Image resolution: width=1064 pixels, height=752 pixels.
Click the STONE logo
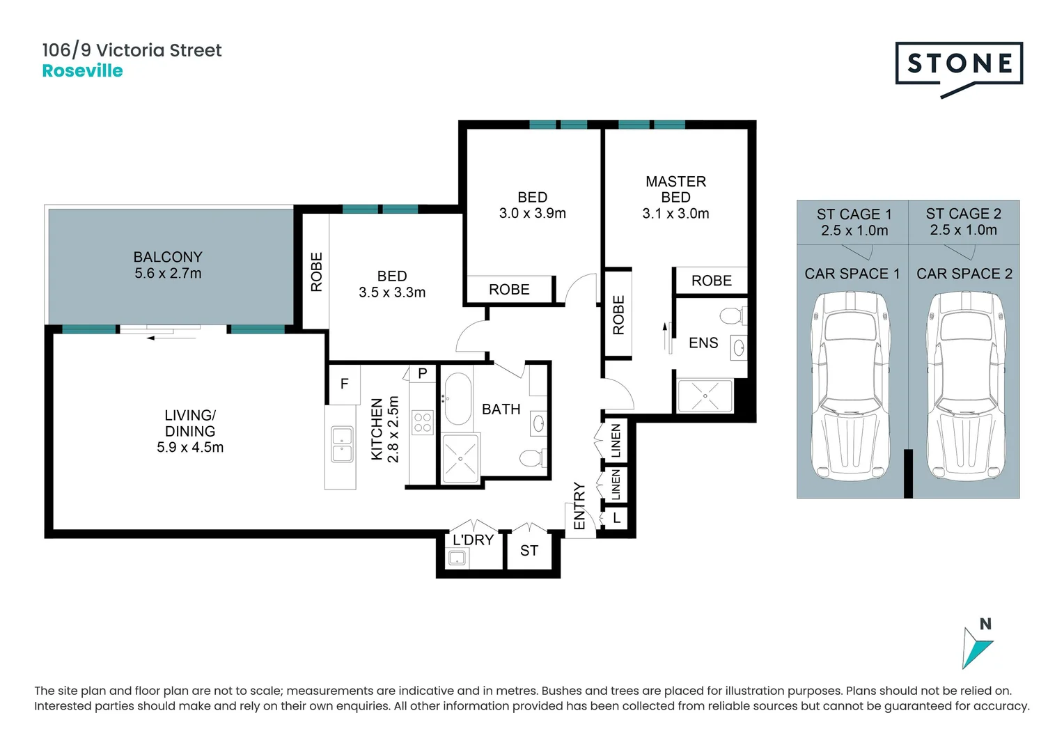(959, 65)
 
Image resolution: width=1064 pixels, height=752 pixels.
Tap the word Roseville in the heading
(82, 71)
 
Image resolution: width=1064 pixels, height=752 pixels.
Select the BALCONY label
(168, 257)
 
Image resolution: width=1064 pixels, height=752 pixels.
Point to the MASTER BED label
(675, 189)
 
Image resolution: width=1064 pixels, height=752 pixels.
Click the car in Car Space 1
(850, 386)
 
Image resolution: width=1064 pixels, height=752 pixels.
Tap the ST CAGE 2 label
(963, 214)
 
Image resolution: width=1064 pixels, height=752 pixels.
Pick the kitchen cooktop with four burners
(423, 423)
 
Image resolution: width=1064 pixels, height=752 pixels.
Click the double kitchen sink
(341, 445)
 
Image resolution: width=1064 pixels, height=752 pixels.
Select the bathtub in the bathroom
(457, 399)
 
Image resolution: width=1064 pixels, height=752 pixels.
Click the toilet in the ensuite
(732, 317)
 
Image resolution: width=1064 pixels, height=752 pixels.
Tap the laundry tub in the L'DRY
(457, 558)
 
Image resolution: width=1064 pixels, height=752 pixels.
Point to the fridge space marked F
(344, 384)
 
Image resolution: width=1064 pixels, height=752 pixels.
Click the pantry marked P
(422, 374)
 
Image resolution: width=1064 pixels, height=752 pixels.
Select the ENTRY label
(579, 506)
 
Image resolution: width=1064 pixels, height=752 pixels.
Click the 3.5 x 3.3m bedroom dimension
(392, 292)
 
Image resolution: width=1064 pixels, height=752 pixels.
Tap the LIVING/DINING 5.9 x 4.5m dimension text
(190, 448)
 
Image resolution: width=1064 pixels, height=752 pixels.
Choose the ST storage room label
(529, 551)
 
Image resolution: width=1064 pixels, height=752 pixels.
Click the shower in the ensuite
(705, 396)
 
